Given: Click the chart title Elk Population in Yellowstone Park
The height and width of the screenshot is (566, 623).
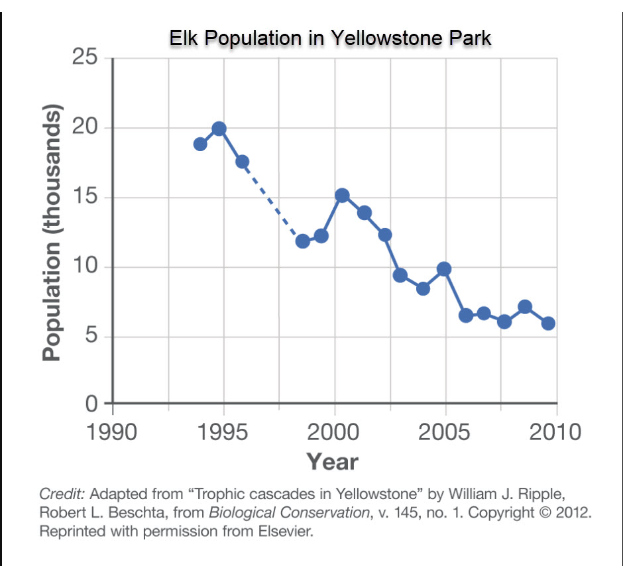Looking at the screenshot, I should click(x=330, y=38).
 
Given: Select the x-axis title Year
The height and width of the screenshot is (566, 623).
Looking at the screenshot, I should click(x=331, y=462).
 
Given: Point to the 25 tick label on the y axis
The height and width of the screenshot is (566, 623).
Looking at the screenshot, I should click(x=84, y=58).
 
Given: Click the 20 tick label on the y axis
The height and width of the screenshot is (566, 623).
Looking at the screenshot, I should click(x=84, y=128).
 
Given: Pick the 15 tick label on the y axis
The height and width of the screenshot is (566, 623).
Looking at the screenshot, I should click(x=84, y=198).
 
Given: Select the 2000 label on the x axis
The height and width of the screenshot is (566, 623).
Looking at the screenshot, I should click(x=334, y=432).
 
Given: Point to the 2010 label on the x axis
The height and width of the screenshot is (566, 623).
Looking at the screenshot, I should click(x=556, y=432).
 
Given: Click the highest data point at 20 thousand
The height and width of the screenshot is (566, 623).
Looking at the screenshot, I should click(x=219, y=129).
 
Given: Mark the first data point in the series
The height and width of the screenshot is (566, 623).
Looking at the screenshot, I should click(x=200, y=144).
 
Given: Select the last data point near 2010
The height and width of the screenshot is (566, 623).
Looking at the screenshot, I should click(x=548, y=323).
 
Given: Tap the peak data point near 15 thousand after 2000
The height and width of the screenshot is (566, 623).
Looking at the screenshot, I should click(x=342, y=196).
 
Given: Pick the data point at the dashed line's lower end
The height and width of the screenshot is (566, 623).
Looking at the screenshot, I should click(x=303, y=241).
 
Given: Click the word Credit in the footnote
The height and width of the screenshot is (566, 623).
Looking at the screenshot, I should click(x=62, y=494).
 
